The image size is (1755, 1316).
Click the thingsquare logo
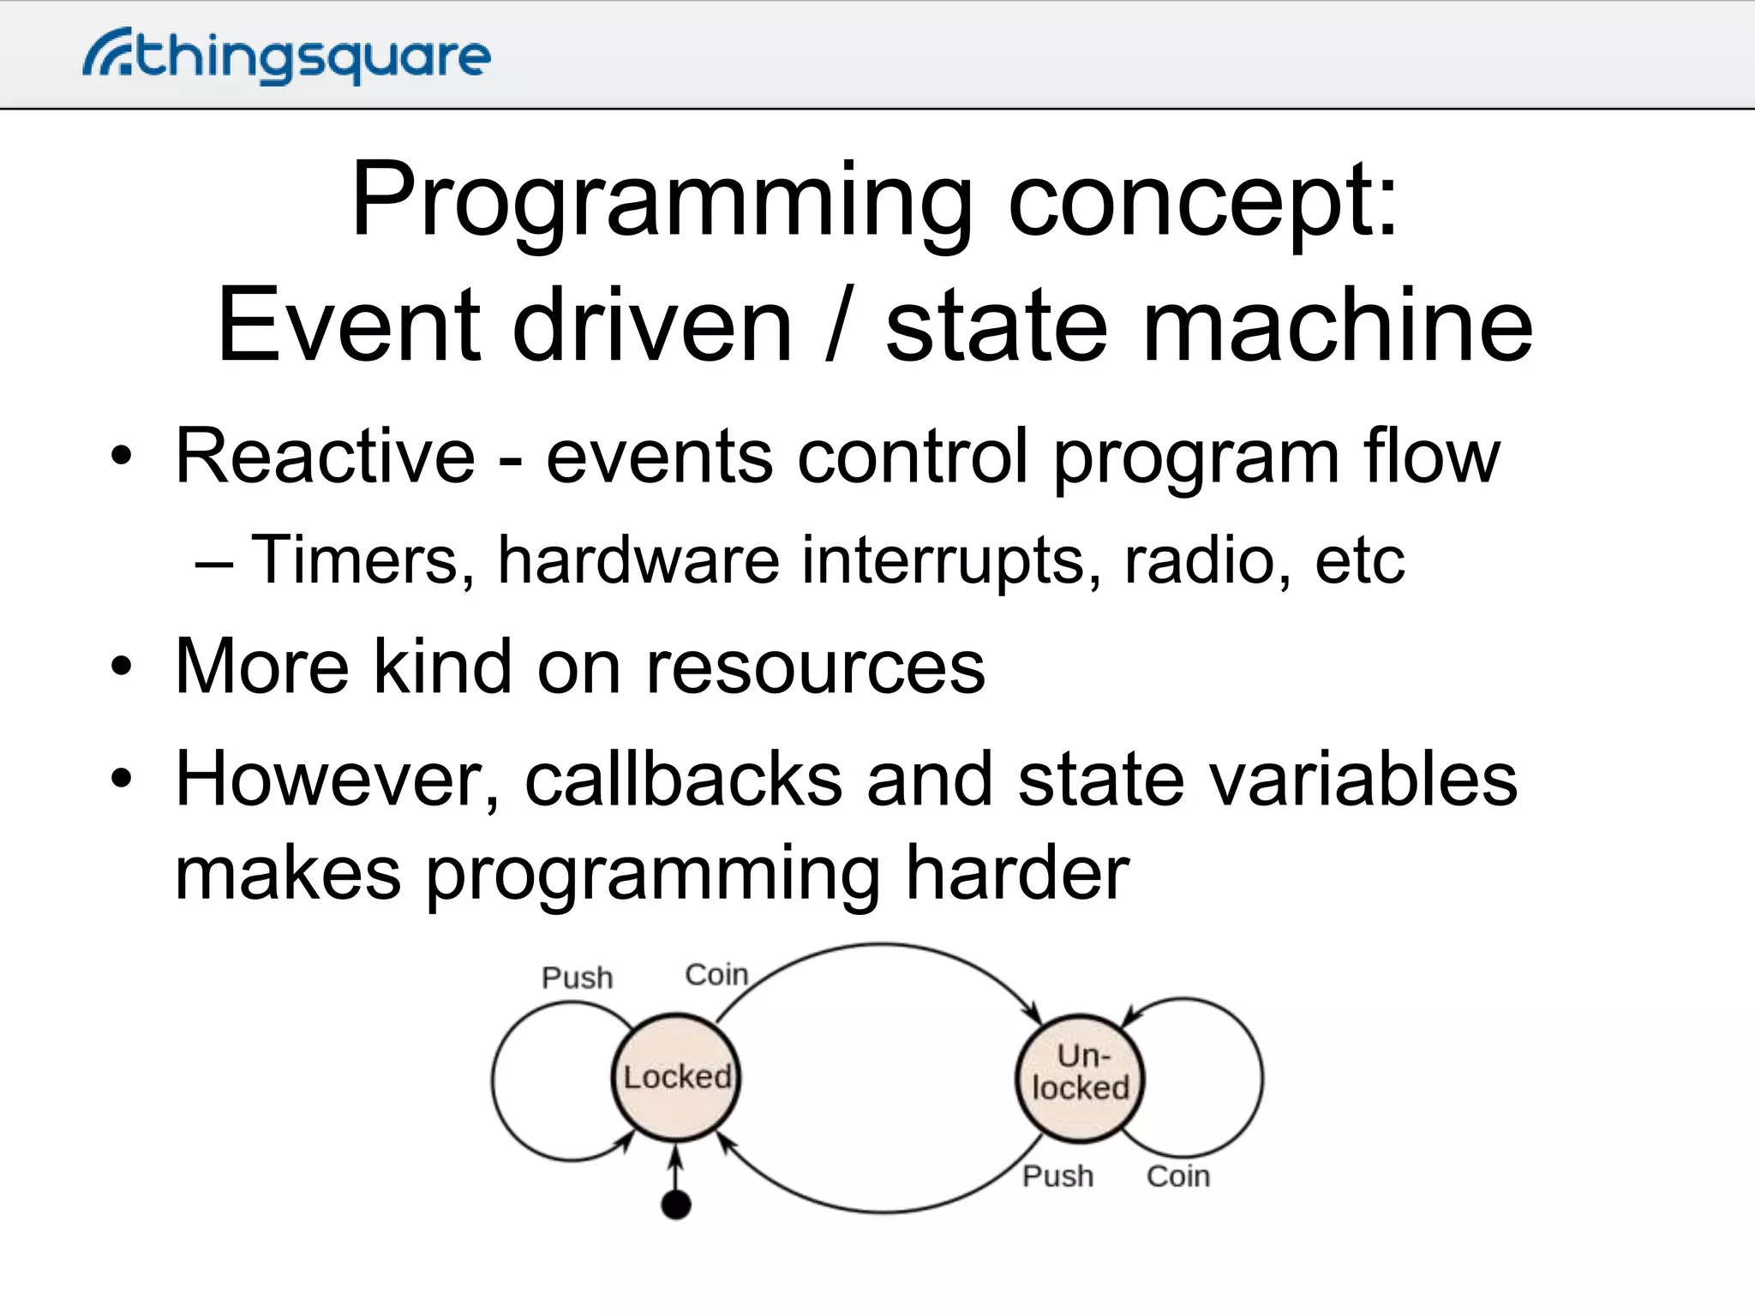point(286,57)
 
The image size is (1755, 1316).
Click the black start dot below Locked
point(676,1205)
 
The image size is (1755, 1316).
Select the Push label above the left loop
point(577,978)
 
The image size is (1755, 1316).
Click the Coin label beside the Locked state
point(716,975)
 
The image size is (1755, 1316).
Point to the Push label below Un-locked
point(1057,1176)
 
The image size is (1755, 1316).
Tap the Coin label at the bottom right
point(1178,1176)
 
